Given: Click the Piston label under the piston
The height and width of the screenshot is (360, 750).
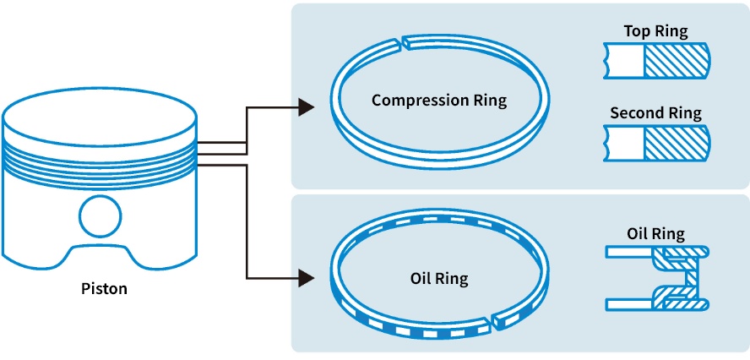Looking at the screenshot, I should [104, 289].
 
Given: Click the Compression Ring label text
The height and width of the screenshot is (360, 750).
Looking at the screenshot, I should [439, 101].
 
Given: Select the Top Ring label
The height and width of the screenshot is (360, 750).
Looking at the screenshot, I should [655, 31].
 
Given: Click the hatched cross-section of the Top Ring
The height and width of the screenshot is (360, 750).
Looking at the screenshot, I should [676, 61].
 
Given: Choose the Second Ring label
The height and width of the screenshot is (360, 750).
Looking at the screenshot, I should [655, 112].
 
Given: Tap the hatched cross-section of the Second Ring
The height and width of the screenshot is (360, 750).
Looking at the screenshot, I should [676, 142].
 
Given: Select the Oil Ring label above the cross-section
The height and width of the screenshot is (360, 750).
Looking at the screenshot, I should [655, 233].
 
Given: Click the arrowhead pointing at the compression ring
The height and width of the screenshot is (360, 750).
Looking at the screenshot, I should [307, 107].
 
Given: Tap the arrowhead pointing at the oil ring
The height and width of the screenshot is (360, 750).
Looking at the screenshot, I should [307, 276].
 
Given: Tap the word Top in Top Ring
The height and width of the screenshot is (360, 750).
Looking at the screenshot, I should [637, 31].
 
